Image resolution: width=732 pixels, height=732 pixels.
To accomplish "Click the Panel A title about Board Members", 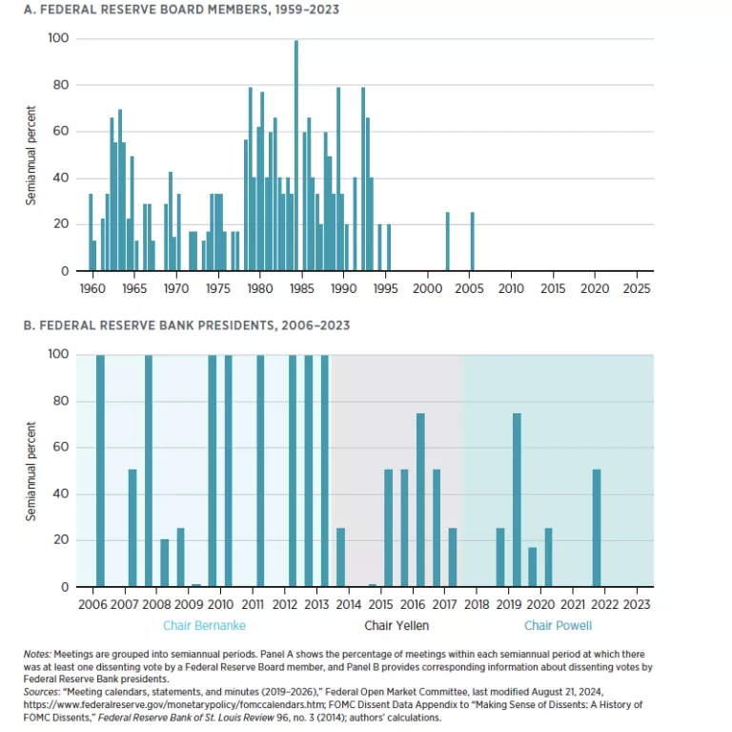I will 181,10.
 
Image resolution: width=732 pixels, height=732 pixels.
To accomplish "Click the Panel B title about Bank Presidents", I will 188,325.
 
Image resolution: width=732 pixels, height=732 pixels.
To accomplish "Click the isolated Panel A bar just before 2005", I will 472,241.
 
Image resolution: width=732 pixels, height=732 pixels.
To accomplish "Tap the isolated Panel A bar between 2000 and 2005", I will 448,241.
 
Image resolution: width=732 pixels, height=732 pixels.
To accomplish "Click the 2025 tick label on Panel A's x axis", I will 636,287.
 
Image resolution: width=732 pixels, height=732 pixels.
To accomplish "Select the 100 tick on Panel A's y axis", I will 59,39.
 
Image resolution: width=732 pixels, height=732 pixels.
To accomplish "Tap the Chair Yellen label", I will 396,626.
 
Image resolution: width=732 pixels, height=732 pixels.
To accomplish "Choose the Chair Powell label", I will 558,626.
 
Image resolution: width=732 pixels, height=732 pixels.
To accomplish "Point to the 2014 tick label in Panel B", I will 349,605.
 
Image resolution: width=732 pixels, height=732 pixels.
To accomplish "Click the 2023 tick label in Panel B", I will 637,605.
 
